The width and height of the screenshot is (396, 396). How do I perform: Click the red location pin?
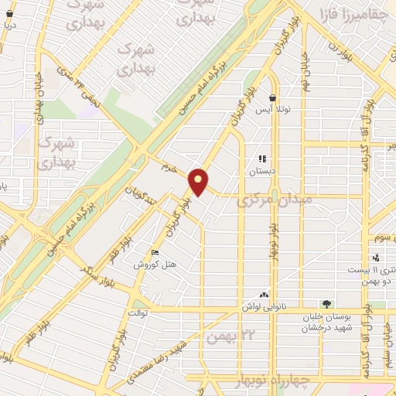(199, 181)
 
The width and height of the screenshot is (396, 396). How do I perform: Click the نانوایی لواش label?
(264, 306)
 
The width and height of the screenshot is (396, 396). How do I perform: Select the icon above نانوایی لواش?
(264, 295)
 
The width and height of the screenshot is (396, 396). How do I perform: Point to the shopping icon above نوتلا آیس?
(273, 98)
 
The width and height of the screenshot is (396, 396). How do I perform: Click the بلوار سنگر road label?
(97, 273)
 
